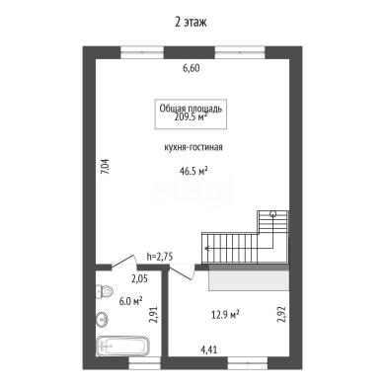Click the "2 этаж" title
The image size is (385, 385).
[191, 23]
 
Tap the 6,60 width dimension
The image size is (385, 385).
[192, 68]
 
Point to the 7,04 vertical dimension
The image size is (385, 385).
[105, 167]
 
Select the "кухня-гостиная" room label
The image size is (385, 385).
[193, 147]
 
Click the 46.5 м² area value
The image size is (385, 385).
[193, 171]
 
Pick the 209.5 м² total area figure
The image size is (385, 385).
[191, 116]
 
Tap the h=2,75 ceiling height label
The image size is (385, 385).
[160, 257]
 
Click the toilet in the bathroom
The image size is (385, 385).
[105, 291]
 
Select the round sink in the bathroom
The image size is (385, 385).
[102, 319]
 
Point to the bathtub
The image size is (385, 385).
[122, 346]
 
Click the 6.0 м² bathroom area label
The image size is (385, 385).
[130, 301]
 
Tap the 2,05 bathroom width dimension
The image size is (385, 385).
[139, 279]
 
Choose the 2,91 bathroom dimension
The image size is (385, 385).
[154, 314]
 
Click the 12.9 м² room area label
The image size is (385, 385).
[225, 315]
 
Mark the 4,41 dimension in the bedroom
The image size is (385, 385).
[208, 349]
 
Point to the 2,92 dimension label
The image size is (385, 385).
[282, 314]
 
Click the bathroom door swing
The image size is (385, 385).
[124, 261]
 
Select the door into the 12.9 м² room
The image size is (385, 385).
[181, 273]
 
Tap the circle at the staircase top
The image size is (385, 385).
[272, 214]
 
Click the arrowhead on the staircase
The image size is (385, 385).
[206, 249]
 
